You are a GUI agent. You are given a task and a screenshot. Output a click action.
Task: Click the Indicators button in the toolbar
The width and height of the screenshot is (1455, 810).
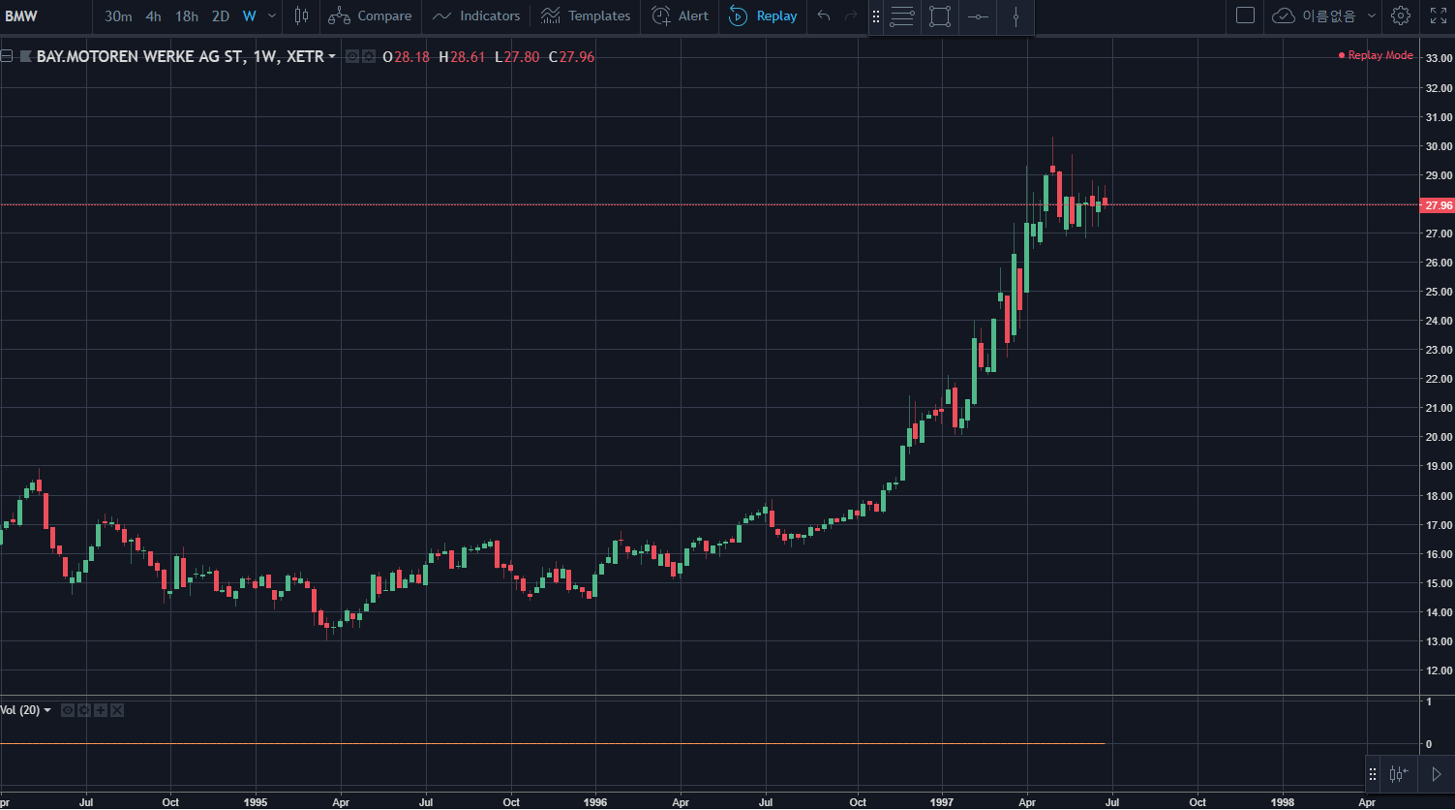pos(477,16)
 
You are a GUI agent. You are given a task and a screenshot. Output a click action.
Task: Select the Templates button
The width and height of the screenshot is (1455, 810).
pos(586,16)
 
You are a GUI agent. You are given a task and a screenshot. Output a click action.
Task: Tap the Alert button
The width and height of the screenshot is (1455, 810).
pos(681,16)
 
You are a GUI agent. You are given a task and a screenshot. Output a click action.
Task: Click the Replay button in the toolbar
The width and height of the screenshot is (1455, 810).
pos(764,16)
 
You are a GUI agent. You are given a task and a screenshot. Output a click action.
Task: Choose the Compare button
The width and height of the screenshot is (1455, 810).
pos(370,16)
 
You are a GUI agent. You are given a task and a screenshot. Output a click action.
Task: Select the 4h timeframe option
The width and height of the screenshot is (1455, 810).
pos(153,16)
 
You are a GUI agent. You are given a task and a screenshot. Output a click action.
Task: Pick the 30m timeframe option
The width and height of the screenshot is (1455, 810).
pos(118,16)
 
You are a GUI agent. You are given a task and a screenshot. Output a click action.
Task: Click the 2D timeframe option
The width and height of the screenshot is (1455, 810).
pos(221,16)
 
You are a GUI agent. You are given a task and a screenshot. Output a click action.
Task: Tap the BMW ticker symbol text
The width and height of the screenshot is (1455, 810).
pos(21,16)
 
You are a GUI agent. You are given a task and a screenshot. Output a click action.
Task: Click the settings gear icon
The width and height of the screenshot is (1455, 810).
pos(1400,16)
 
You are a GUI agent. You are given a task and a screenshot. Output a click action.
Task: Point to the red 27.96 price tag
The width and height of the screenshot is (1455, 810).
pos(1438,205)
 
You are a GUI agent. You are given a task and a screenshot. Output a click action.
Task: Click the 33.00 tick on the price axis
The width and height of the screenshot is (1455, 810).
pos(1439,59)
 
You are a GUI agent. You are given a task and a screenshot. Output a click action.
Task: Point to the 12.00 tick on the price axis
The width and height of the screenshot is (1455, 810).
pos(1439,670)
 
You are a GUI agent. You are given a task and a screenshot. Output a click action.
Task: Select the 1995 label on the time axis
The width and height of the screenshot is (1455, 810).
pos(256,802)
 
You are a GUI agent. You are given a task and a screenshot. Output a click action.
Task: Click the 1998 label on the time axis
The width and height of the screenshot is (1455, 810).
pos(1282,802)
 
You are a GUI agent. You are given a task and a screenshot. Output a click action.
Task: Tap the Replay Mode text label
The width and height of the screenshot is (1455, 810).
pos(1379,56)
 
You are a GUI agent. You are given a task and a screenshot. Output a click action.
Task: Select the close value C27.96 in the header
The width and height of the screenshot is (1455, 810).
pos(571,57)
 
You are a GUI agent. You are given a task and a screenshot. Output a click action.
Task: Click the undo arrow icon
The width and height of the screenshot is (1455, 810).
pos(824,16)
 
